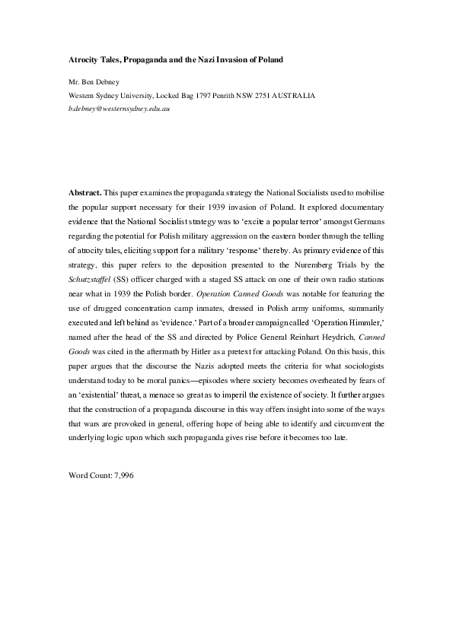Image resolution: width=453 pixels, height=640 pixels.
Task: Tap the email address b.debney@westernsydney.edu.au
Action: [x=119, y=109]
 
